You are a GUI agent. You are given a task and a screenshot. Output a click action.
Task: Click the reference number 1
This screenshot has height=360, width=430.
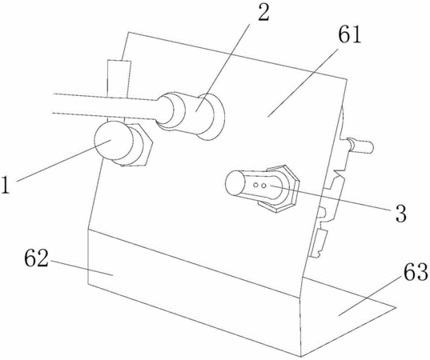click(6, 186)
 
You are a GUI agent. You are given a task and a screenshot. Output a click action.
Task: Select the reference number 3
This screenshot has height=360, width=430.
click(400, 213)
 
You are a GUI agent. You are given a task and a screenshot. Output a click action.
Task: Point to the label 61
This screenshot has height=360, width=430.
click(349, 34)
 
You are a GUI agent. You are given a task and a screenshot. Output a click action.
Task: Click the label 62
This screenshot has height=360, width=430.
click(37, 258)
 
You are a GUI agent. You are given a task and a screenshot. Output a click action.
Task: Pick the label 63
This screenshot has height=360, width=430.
click(415, 272)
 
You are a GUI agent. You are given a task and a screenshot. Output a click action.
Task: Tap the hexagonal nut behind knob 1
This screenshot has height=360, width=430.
click(137, 146)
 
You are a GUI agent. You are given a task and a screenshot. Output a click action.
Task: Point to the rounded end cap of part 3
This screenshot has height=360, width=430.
click(235, 182)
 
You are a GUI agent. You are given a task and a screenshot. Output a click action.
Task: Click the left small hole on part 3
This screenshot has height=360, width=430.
click(255, 186)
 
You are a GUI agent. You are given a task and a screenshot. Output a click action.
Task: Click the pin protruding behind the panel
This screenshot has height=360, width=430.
click(360, 145)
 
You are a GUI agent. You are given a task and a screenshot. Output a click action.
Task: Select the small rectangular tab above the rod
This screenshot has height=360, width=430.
click(119, 79)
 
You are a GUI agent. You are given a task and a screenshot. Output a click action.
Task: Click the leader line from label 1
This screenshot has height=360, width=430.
click(64, 161)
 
